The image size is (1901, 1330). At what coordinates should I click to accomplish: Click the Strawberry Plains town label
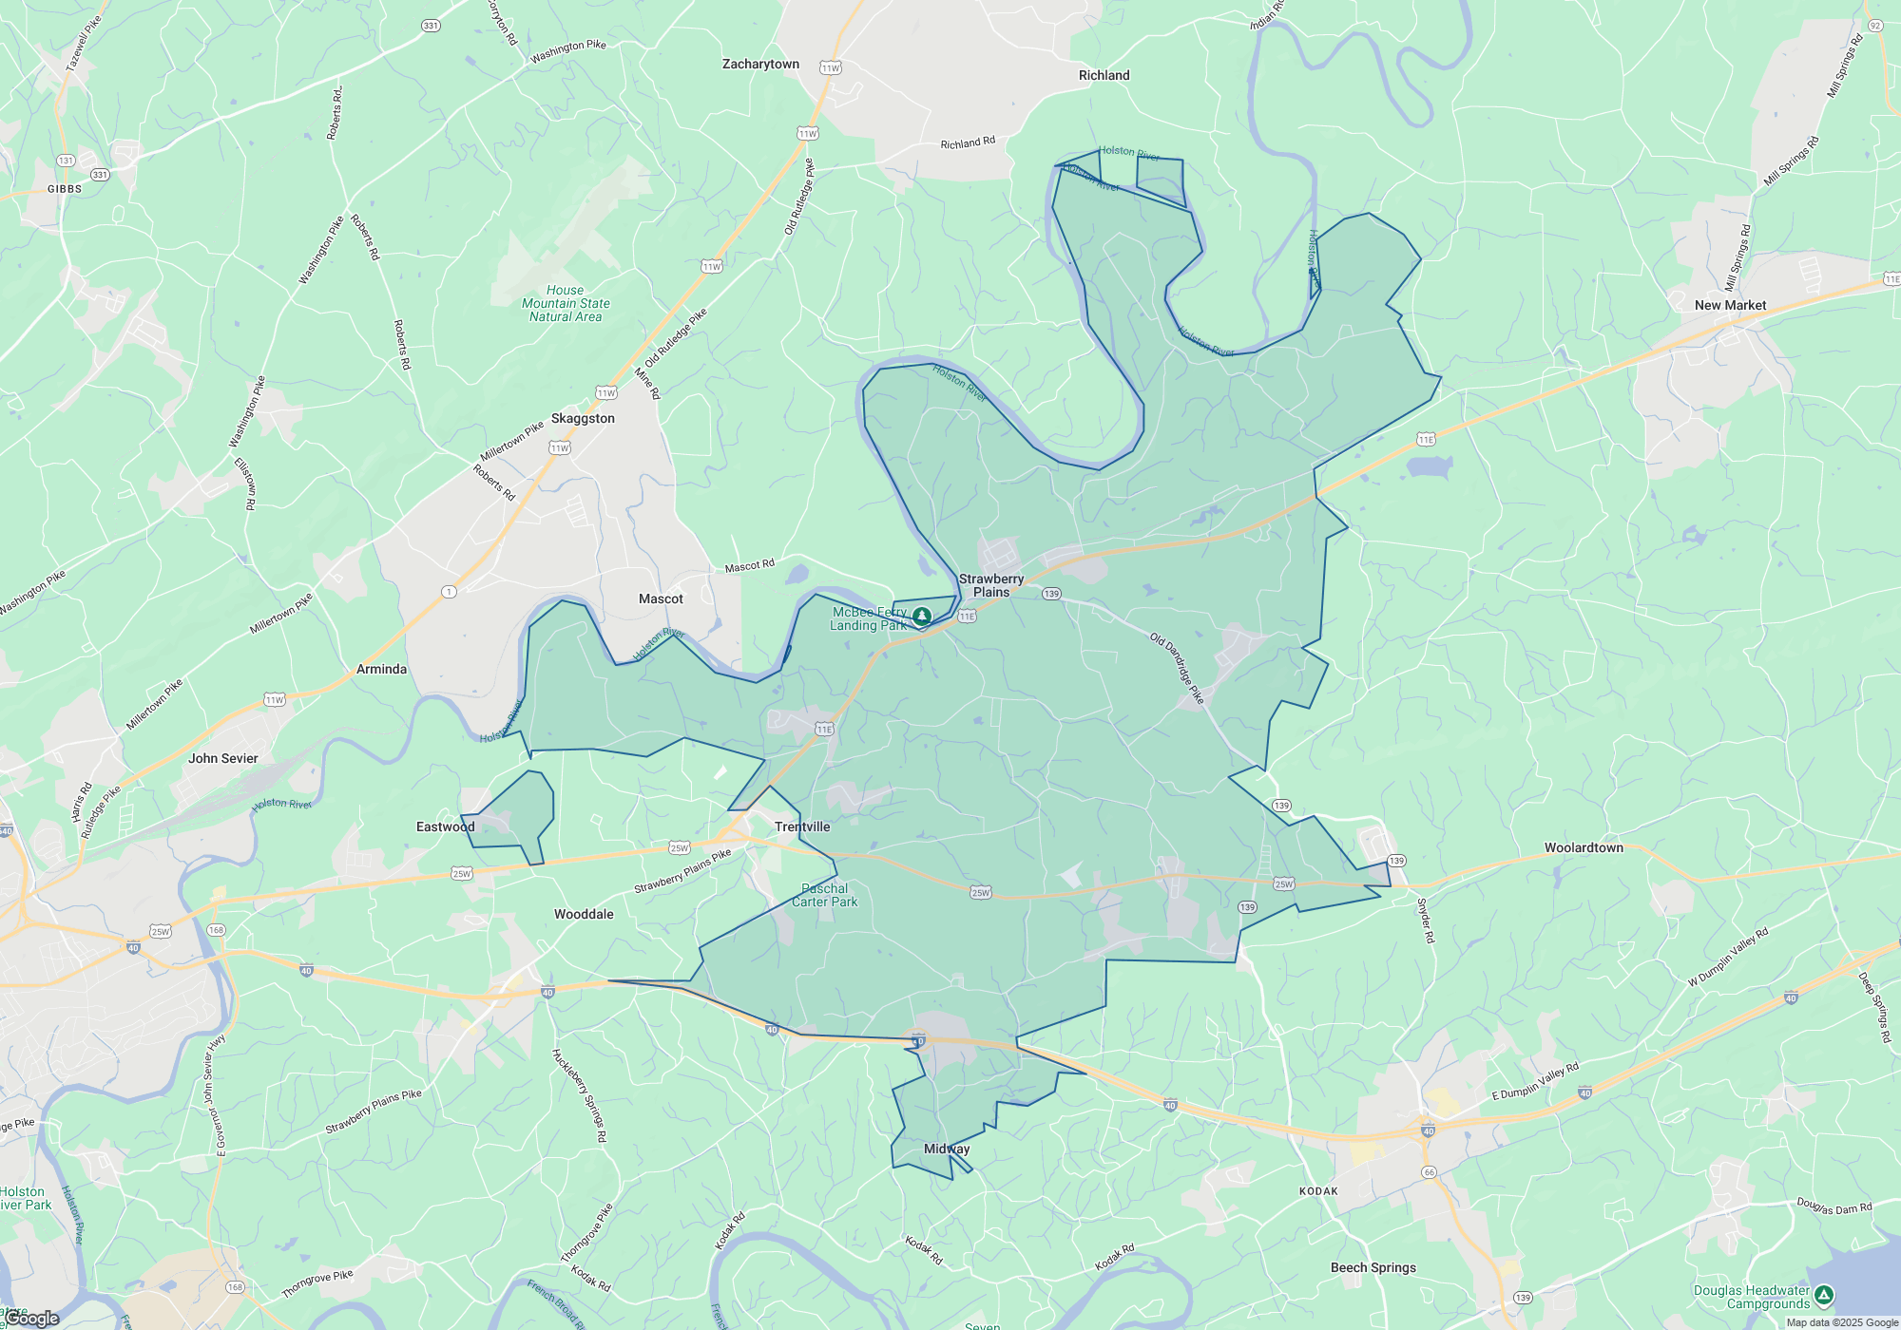point(991,585)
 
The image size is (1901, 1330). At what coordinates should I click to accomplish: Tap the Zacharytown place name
point(760,65)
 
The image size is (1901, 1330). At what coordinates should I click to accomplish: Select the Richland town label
point(1104,76)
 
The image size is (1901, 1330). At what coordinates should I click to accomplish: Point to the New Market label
point(1730,306)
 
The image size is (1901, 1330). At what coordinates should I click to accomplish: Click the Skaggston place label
point(583,419)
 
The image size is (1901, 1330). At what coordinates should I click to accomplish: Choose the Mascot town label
point(661,599)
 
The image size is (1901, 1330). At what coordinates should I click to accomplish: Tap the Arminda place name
point(381,670)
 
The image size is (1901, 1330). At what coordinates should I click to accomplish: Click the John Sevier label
point(223,759)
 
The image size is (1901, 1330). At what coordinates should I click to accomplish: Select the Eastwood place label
point(445,827)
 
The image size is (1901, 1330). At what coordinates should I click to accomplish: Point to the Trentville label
point(802,827)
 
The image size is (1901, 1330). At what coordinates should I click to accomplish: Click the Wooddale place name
point(584,915)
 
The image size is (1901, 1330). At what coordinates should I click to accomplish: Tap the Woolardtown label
point(1584,848)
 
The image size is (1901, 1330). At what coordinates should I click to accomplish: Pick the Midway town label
point(947,1149)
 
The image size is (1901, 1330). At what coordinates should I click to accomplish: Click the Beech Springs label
point(1373,1268)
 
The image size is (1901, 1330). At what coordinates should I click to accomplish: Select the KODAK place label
point(1318,1191)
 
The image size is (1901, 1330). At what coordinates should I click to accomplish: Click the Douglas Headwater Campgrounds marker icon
point(1823,1295)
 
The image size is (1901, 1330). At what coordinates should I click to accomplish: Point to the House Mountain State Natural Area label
point(566,304)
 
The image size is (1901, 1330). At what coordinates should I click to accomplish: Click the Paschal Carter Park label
point(824,896)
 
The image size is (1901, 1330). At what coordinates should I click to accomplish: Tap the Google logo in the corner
point(32,1319)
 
